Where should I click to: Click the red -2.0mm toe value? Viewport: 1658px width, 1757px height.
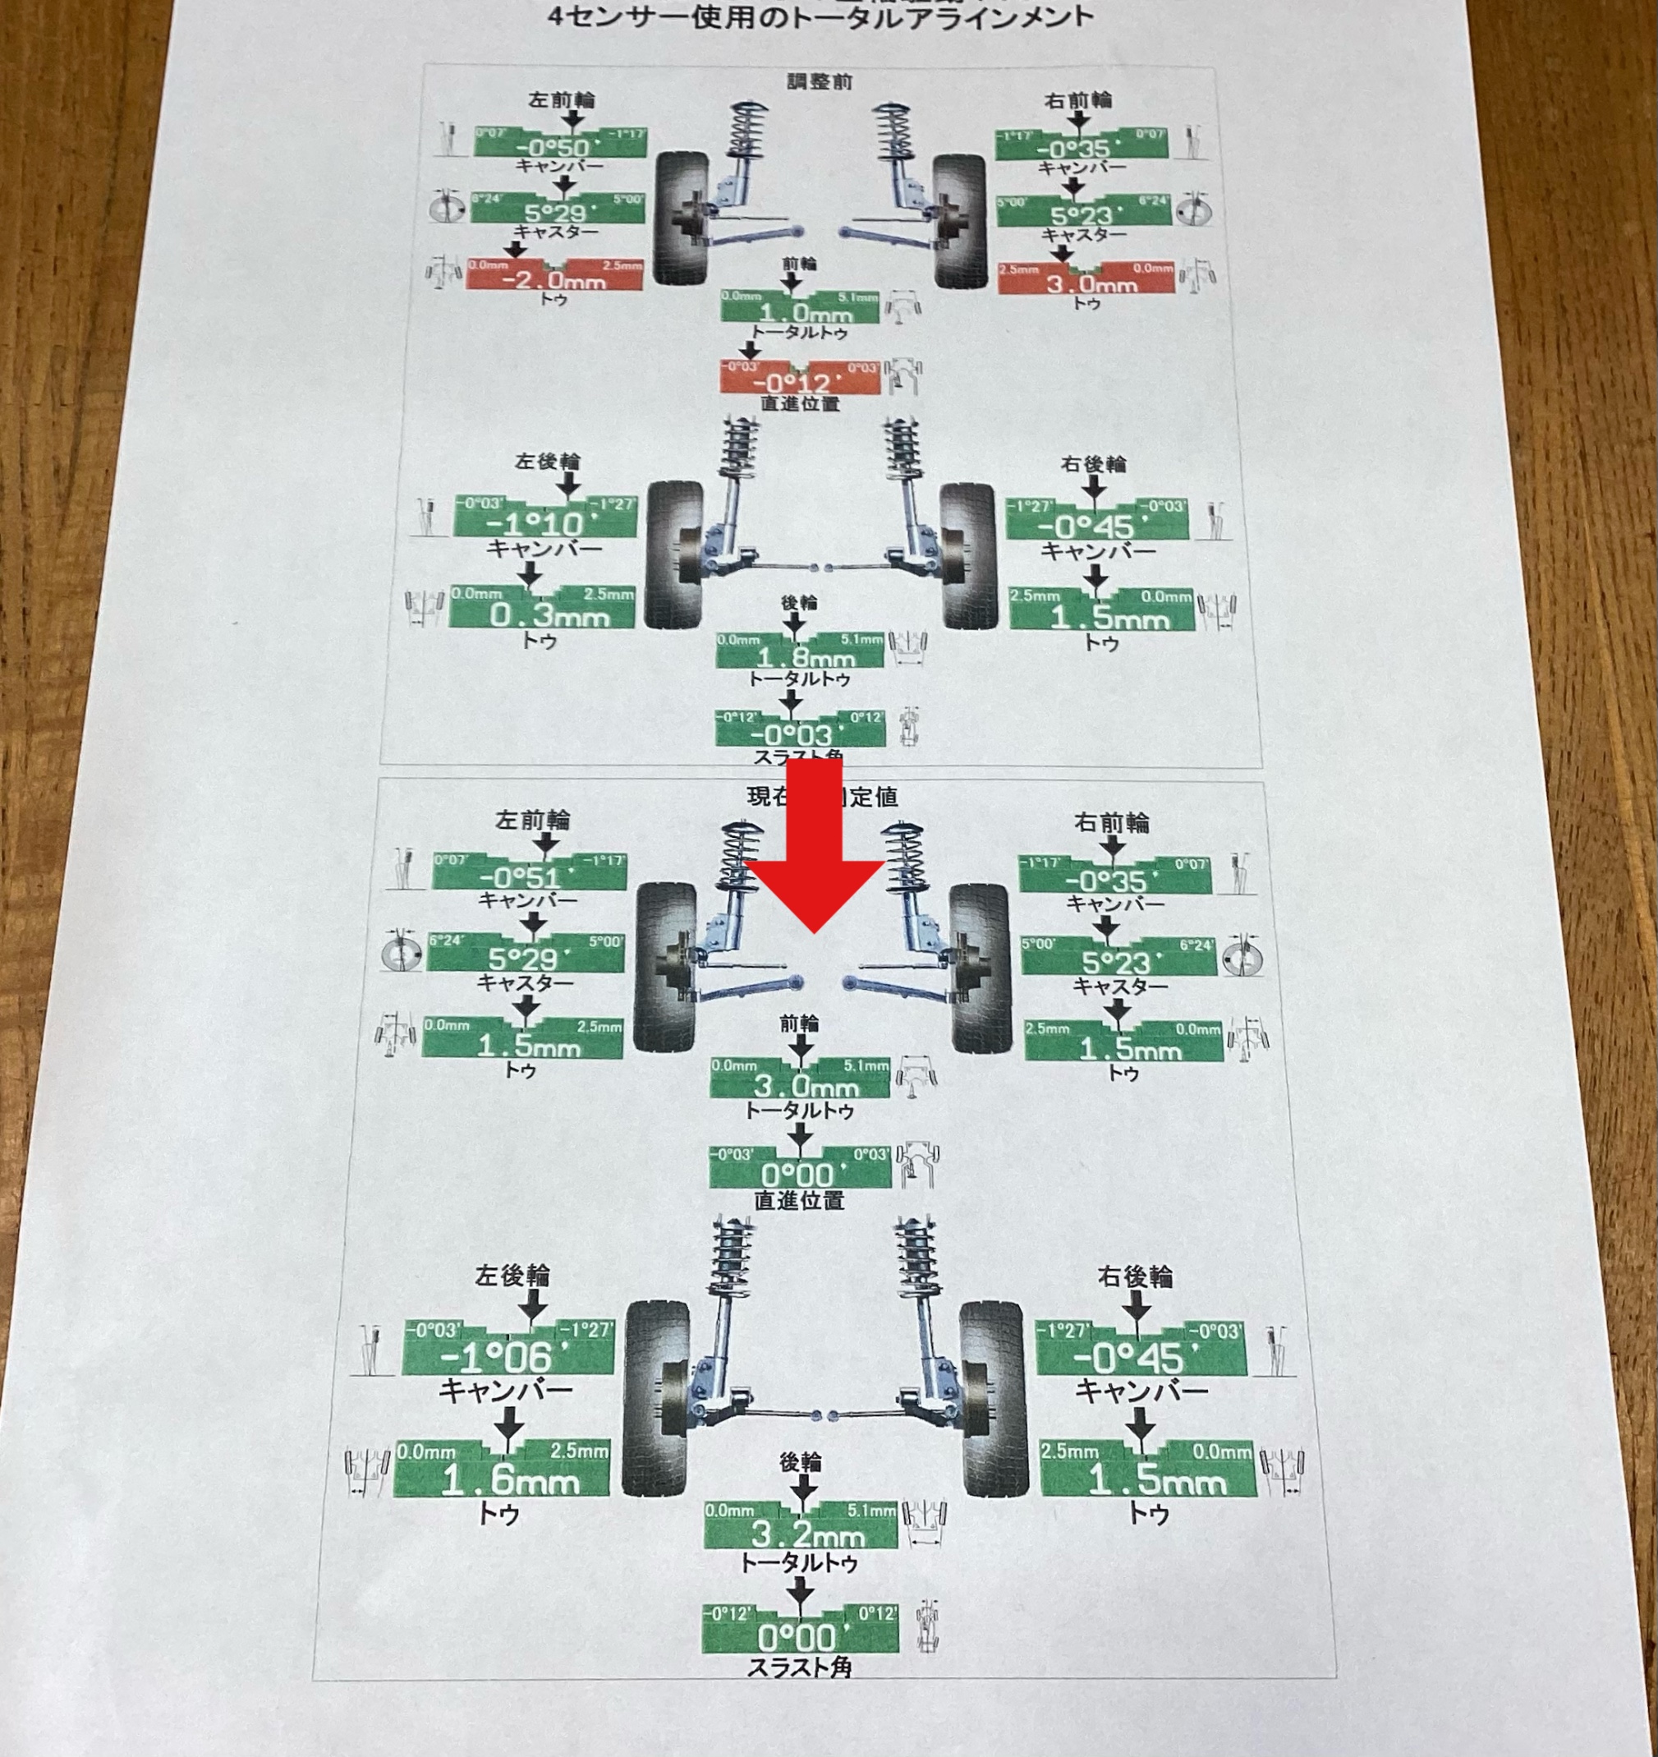553,280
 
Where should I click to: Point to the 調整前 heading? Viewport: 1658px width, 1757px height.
820,81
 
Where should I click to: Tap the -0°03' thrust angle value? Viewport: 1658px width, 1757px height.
791,734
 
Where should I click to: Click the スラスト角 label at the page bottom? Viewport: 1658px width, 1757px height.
799,1667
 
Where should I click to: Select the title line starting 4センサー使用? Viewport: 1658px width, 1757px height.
820,16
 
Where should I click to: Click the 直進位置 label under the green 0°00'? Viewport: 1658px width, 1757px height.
799,1200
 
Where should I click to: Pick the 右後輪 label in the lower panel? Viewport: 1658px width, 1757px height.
1135,1277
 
